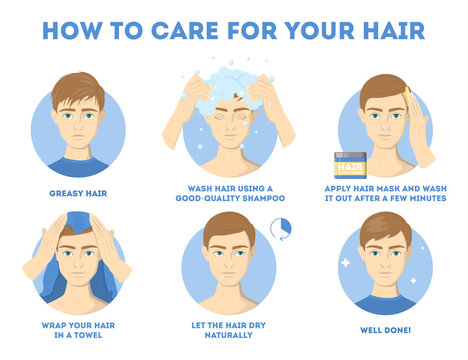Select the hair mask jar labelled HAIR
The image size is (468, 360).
point(349,162)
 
